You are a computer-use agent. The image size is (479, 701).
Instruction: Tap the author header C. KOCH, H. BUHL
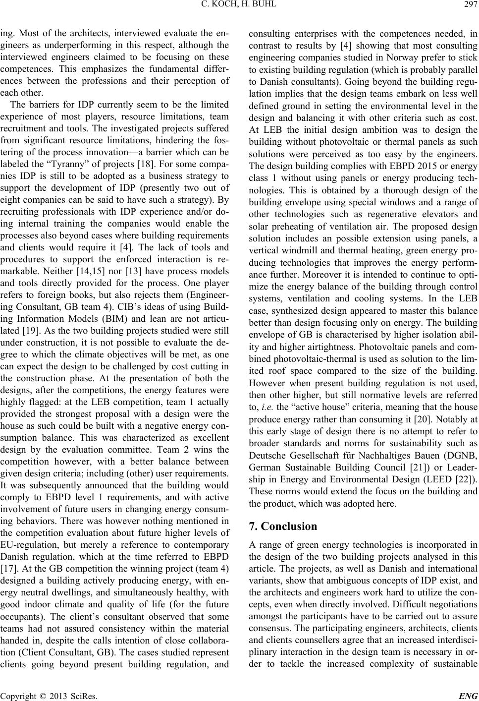pos(239,5)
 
